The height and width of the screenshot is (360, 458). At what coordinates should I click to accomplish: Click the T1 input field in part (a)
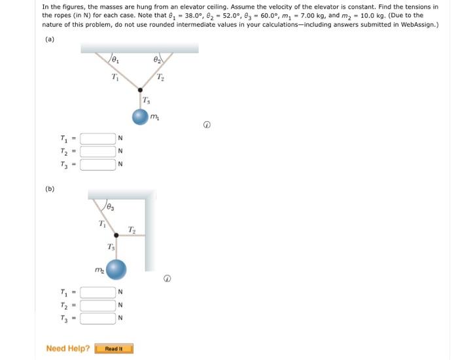tap(98, 138)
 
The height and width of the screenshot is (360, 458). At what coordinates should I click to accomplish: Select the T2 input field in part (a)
tap(98, 151)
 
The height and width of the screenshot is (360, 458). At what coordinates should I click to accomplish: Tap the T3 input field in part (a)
tap(98, 164)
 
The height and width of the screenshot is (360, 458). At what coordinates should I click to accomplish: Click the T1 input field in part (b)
tap(98, 292)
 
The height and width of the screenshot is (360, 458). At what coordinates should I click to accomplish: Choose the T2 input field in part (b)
tap(98, 305)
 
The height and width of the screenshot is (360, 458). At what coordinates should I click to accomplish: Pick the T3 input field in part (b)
tap(98, 318)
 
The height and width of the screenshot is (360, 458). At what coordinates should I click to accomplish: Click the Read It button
tap(114, 348)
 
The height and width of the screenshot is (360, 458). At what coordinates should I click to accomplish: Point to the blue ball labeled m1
tap(141, 117)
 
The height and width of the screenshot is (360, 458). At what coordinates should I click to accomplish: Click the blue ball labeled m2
tap(116, 268)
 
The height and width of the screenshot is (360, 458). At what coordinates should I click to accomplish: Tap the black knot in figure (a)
tap(140, 89)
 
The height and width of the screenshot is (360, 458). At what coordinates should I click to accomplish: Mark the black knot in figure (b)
tap(116, 234)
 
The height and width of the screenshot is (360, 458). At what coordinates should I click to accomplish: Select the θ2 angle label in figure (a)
tap(156, 61)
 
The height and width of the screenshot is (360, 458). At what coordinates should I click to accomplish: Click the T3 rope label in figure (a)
tap(147, 101)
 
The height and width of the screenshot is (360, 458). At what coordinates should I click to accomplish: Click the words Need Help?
tap(68, 348)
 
